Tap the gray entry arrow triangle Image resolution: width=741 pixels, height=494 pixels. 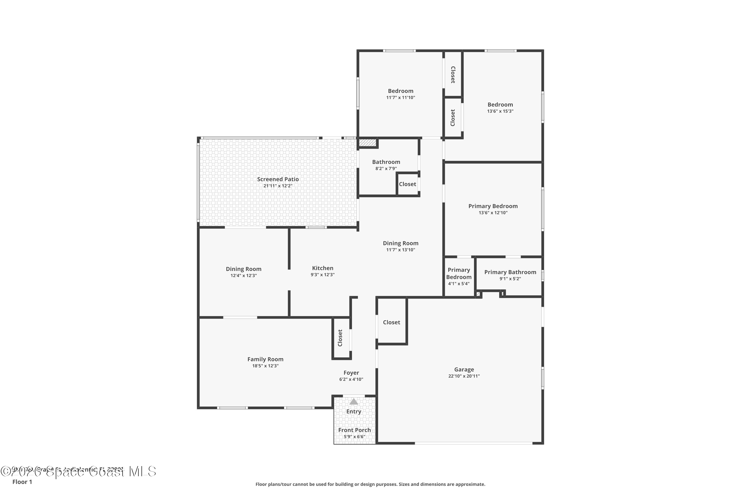353,401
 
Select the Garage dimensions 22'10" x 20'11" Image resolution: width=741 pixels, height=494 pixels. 464,376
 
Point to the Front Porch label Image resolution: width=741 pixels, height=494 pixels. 354,430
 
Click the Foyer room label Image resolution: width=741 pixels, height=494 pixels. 351,373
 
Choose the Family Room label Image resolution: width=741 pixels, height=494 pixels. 265,359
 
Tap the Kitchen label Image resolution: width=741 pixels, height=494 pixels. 322,268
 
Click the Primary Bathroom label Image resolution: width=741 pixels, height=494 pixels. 510,272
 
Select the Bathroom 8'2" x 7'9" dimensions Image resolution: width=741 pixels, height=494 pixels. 386,168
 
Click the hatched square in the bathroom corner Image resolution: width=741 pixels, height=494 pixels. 367,143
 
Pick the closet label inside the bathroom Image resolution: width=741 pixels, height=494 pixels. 407,184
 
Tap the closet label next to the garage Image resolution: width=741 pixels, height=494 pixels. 391,322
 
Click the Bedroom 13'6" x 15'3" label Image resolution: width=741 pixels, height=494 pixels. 500,104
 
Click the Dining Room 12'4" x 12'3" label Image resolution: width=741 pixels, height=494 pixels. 243,269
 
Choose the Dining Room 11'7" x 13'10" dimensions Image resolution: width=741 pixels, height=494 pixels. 400,250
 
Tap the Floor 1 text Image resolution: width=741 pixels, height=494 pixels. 22,482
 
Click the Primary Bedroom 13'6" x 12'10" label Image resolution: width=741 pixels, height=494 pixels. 493,206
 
